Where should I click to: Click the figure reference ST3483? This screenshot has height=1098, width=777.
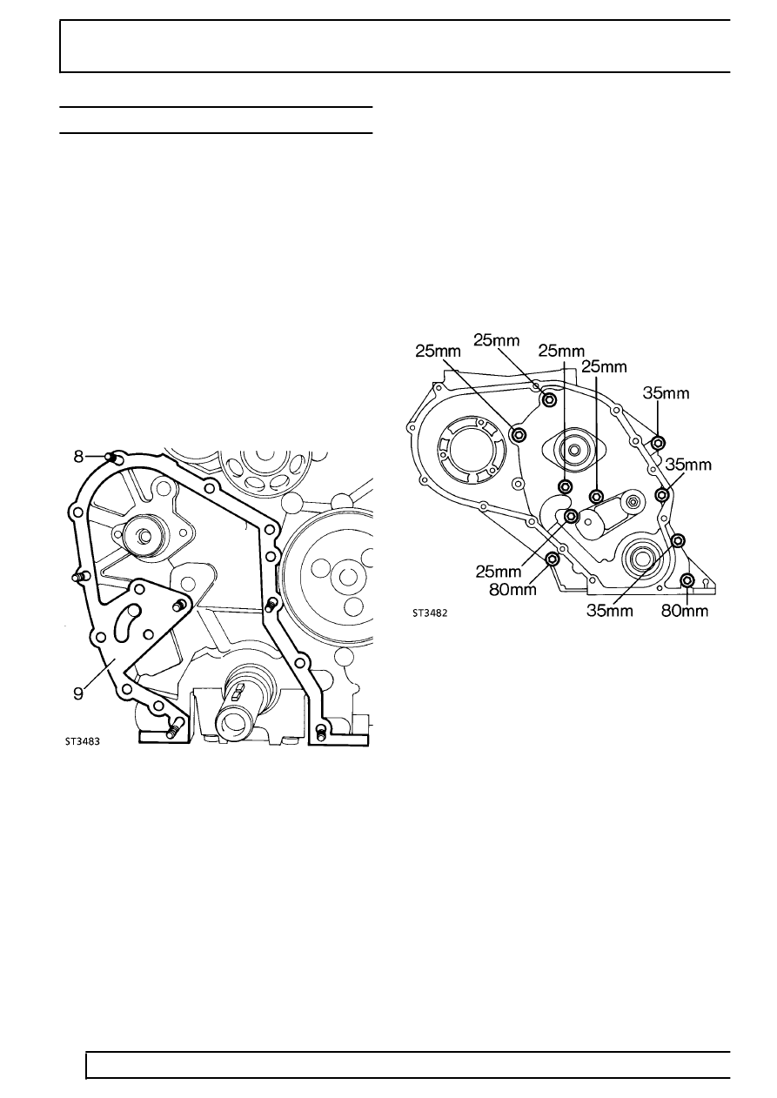click(83, 741)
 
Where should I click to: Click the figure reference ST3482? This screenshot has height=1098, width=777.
click(430, 613)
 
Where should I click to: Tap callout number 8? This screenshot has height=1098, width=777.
click(79, 458)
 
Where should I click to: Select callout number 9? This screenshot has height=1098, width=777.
click(79, 694)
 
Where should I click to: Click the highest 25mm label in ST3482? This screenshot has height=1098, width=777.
click(497, 340)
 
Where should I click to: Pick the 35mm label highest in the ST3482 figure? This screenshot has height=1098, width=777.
click(666, 393)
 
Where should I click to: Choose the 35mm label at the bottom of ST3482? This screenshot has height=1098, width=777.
click(609, 612)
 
